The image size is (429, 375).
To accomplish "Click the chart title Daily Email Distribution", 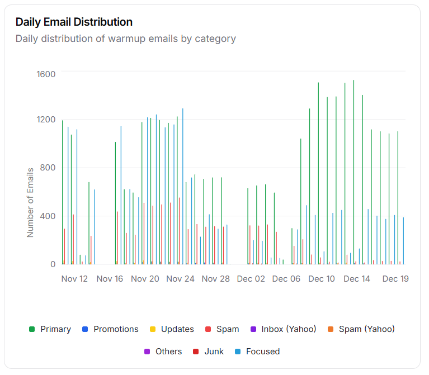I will click(x=74, y=22).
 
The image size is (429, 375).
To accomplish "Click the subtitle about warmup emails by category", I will click(x=125, y=39).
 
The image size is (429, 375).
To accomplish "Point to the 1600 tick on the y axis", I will click(x=46, y=74).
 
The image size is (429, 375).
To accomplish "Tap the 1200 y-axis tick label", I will click(x=46, y=120).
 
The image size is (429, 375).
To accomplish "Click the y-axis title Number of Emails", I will click(x=30, y=202).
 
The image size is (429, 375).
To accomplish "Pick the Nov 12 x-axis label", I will click(x=74, y=279).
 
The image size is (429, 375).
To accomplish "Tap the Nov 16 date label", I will click(x=110, y=279).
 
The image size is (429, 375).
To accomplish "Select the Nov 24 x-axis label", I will click(x=181, y=279).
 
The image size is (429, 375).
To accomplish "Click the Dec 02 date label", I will click(x=251, y=279).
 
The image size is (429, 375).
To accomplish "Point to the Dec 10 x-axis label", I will click(x=322, y=279).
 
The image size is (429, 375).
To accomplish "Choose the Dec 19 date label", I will click(x=395, y=279).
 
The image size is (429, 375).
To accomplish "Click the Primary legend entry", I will click(x=50, y=329).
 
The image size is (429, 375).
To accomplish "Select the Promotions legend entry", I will click(x=110, y=329).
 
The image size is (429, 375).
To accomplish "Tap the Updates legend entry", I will click(x=172, y=329).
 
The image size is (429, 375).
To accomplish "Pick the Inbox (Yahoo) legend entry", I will click(x=283, y=329).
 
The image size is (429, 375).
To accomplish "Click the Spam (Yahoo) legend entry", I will click(x=361, y=329).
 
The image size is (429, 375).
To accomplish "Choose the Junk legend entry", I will click(x=208, y=352).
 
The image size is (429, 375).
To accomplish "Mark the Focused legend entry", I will click(x=257, y=352).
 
